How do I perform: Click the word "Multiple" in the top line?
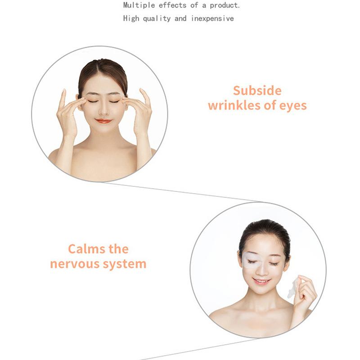137,6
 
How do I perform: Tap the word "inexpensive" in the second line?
212,18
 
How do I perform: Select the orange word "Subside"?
257,91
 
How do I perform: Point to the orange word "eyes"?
291,106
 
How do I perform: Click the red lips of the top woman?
103,121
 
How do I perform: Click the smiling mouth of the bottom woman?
261,281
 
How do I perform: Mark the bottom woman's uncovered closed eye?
274,264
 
